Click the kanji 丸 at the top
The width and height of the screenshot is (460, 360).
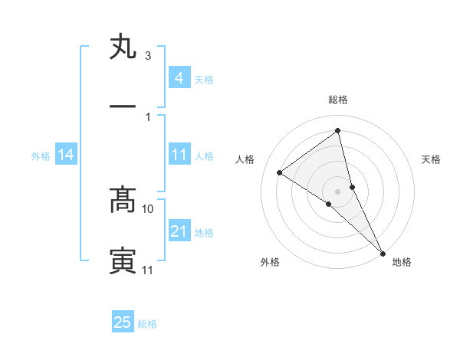point(123,47)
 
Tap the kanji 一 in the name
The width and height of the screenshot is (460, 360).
point(123,106)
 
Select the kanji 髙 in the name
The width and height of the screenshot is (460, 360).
point(123,200)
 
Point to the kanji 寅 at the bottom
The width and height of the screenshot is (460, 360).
point(123,260)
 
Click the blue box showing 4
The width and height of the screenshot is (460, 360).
point(179,78)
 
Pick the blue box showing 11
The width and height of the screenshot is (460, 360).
point(179,155)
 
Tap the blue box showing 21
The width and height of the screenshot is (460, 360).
point(179,231)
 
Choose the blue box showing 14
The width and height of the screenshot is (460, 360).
point(66,155)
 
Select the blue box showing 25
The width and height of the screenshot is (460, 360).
point(123,322)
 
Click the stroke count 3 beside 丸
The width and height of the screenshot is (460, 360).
point(148,56)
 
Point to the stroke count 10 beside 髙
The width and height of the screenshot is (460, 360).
point(148,208)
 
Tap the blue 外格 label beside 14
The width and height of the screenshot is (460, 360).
point(41,155)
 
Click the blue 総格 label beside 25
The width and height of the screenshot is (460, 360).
point(147,323)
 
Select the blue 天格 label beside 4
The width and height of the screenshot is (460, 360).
point(204,79)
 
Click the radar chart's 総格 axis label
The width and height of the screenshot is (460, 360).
point(338,100)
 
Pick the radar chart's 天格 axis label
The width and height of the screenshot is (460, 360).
point(432,159)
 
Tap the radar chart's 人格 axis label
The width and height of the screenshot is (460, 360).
point(245,159)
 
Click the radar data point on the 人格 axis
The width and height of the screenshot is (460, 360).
point(280,172)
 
